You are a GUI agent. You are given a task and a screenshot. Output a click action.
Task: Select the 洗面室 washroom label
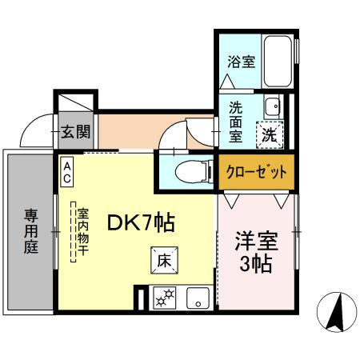click(x=236, y=122)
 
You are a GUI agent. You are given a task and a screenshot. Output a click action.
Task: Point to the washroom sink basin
click(x=273, y=105)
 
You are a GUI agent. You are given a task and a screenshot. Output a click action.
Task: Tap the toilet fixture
click(x=184, y=170)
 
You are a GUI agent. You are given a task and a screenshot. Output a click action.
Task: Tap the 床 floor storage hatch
click(x=162, y=260)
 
